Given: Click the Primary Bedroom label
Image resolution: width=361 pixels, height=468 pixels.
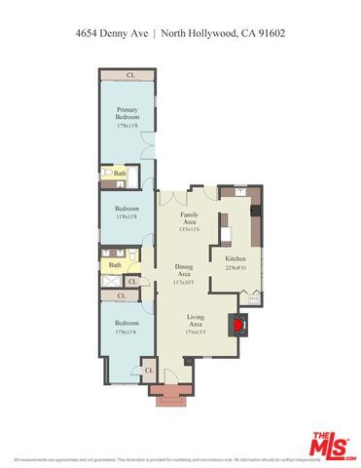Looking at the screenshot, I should click(x=125, y=113).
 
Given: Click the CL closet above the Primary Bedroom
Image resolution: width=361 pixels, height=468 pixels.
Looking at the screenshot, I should click(x=129, y=75).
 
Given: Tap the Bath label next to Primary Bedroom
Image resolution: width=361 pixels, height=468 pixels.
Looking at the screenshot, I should click(x=120, y=175).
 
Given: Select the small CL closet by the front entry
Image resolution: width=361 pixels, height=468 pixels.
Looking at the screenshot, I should click(x=149, y=371).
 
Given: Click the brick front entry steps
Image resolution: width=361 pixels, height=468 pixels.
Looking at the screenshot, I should click(x=167, y=397).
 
